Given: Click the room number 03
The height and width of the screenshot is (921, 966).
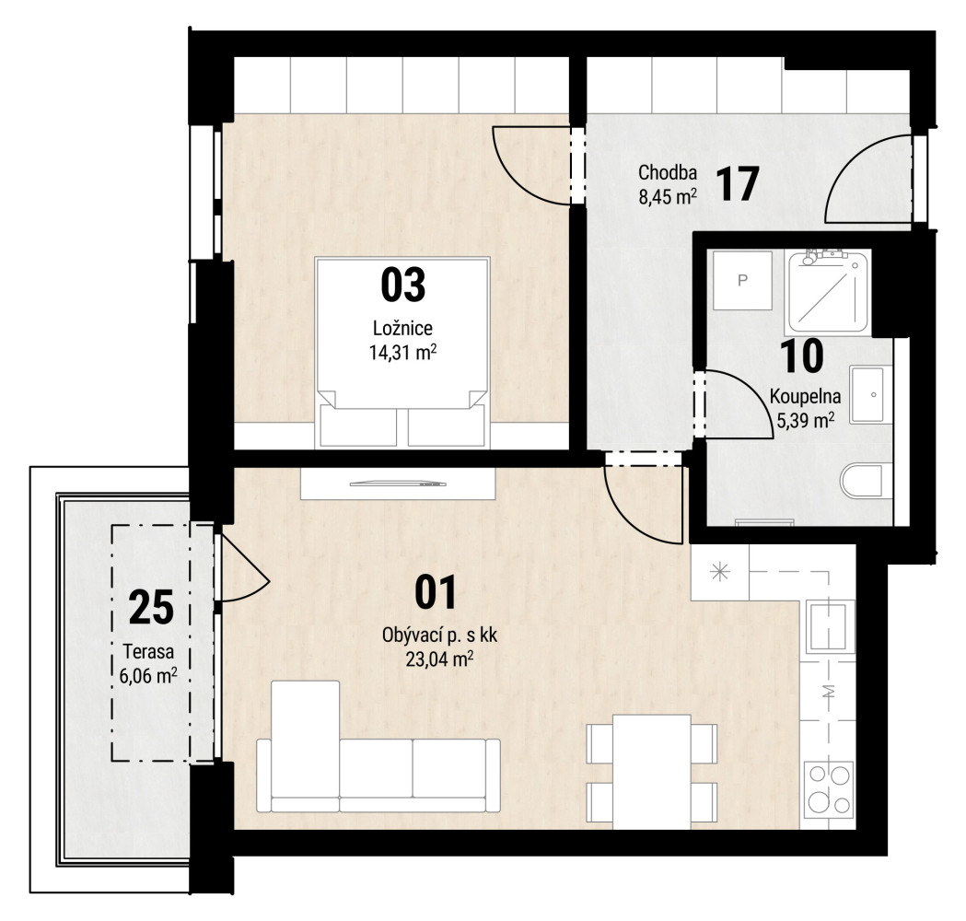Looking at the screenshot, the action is click(x=403, y=285).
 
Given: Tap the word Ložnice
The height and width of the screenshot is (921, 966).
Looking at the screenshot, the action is click(x=403, y=328).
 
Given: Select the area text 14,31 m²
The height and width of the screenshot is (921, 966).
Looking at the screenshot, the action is click(x=403, y=353).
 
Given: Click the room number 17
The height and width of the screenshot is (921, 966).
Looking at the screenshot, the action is click(x=738, y=183).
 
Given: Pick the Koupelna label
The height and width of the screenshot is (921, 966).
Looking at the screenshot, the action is click(x=805, y=396).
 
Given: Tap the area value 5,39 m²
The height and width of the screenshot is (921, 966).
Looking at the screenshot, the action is click(x=805, y=421).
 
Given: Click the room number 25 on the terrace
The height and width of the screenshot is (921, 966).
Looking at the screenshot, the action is click(x=152, y=608).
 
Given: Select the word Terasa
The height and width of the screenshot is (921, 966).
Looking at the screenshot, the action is click(x=148, y=651).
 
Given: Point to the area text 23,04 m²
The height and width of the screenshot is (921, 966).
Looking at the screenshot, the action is click(x=439, y=659).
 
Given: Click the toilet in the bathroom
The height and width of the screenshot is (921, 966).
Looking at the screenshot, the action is click(x=867, y=480).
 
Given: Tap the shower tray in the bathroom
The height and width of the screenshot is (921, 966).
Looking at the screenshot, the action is click(x=829, y=291).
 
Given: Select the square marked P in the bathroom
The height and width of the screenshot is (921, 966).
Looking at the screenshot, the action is click(x=743, y=280).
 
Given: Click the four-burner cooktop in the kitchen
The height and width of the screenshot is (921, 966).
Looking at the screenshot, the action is click(x=829, y=789).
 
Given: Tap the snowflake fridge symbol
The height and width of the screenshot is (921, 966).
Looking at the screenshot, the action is click(x=719, y=573).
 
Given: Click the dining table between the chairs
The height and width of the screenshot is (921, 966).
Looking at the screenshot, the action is click(x=652, y=771).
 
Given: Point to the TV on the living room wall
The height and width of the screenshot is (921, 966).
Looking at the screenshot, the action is click(x=398, y=484).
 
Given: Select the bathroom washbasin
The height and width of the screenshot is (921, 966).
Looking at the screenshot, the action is click(x=871, y=395).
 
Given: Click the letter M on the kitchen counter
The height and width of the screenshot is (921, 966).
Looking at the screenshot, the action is click(x=829, y=692).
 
